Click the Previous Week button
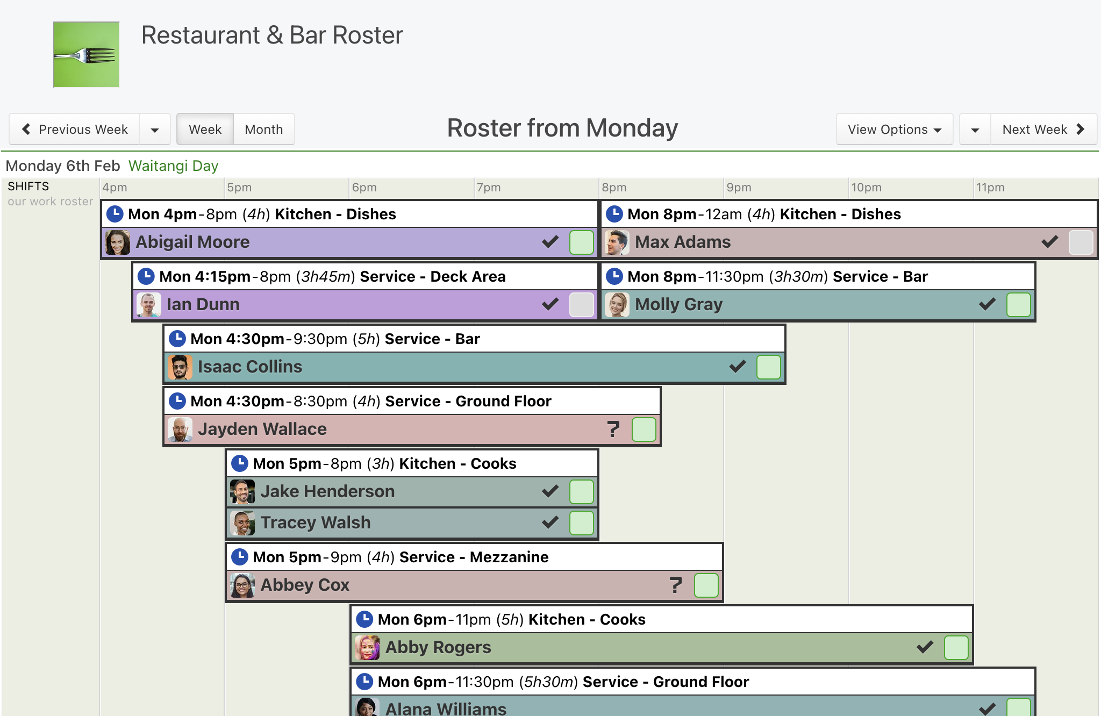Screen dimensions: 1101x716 click(x=74, y=130)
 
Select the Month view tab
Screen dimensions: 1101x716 click(x=263, y=130)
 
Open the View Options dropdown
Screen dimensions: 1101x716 click(x=895, y=130)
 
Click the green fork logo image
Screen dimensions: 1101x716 click(x=86, y=54)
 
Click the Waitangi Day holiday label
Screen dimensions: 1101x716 click(x=173, y=166)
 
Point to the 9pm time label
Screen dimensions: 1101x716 click(x=739, y=187)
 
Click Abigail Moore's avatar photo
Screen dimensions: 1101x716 click(x=118, y=242)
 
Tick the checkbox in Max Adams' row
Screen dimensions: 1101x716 click(x=1081, y=242)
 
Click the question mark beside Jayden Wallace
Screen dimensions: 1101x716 click(x=613, y=429)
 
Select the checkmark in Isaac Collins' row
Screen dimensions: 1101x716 click(x=738, y=367)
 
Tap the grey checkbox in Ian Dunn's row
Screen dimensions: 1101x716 click(x=582, y=305)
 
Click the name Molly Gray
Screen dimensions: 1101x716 click(x=678, y=304)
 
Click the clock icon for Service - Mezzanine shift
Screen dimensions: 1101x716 click(x=239, y=557)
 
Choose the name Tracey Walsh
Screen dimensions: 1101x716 click(x=316, y=522)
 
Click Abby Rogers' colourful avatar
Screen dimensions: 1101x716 click(x=367, y=648)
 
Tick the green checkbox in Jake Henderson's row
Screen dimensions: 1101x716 click(x=582, y=492)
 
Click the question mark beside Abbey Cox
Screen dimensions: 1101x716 click(x=676, y=585)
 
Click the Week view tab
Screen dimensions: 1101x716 click(x=205, y=130)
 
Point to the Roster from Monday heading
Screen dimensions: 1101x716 click(x=562, y=128)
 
